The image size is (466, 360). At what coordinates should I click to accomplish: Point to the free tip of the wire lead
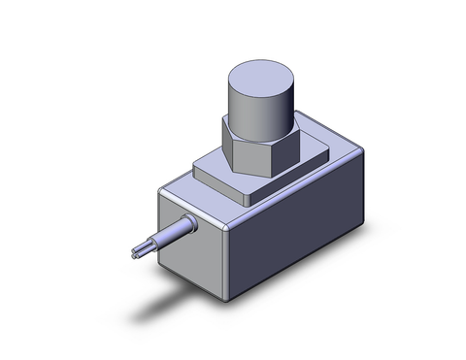click(x=130, y=253)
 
